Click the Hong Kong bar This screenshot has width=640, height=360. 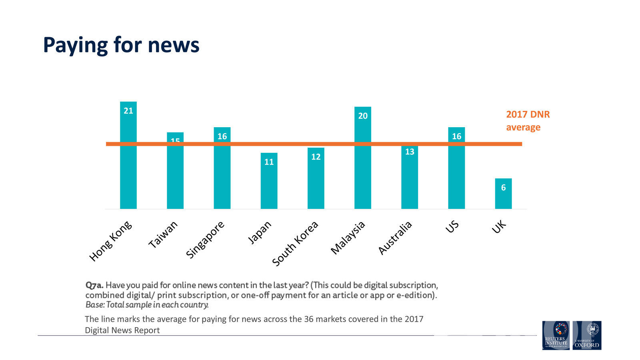[x=128, y=168]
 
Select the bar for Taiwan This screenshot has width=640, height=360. [x=175, y=176]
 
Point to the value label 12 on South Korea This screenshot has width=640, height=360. [x=316, y=157]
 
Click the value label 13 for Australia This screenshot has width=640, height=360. [x=410, y=152]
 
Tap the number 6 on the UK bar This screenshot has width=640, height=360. [x=503, y=188]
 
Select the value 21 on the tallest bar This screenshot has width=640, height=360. [x=128, y=111]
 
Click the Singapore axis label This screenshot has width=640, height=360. [x=205, y=240]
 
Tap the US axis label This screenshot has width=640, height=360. [x=452, y=227]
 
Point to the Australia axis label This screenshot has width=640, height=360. [x=395, y=238]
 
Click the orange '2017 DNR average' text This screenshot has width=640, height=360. [x=528, y=121]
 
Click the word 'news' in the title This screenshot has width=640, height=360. [x=173, y=45]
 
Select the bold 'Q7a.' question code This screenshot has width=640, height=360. [x=94, y=285]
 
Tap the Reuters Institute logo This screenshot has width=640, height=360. [x=556, y=335]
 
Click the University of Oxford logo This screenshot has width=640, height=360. [x=587, y=335]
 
